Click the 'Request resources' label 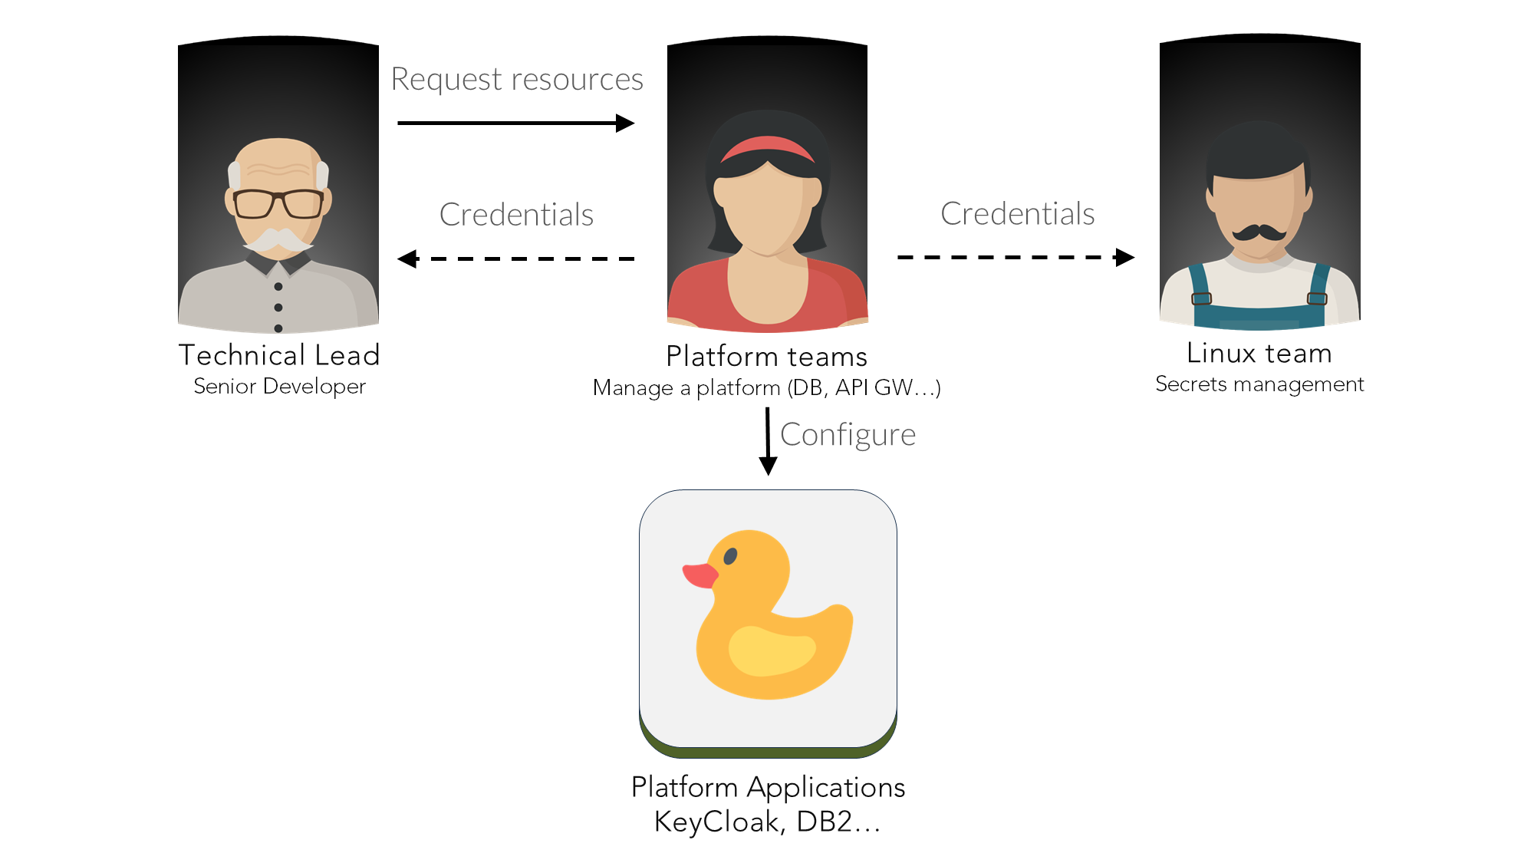(x=517, y=79)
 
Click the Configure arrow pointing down (x=768, y=441)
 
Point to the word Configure (x=848, y=435)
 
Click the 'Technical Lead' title (x=279, y=355)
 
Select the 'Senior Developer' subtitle (x=279, y=386)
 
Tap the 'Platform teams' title (x=766, y=357)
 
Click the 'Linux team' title (x=1259, y=353)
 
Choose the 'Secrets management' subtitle (x=1259, y=384)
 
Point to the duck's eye (x=730, y=556)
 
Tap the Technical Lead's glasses (x=278, y=204)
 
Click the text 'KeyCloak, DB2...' (x=767, y=822)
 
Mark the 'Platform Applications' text (x=768, y=787)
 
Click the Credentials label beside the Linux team (x=1017, y=214)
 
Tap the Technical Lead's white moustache (x=278, y=240)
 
